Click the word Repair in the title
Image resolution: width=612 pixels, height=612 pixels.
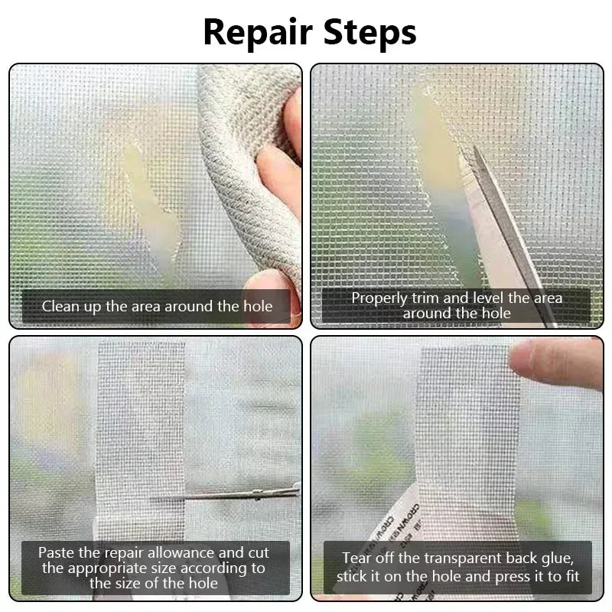pyautogui.click(x=257, y=32)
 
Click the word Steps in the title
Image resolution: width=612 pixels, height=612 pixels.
pyautogui.click(x=368, y=32)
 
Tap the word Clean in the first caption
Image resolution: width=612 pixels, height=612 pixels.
pyautogui.click(x=59, y=307)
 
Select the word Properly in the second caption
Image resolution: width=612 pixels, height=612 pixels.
pyautogui.click(x=378, y=298)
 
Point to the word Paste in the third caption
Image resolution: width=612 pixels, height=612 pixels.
pyautogui.click(x=56, y=552)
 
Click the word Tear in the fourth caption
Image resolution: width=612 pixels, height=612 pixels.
pyautogui.click(x=358, y=558)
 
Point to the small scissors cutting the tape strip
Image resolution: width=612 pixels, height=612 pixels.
pyautogui.click(x=229, y=495)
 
